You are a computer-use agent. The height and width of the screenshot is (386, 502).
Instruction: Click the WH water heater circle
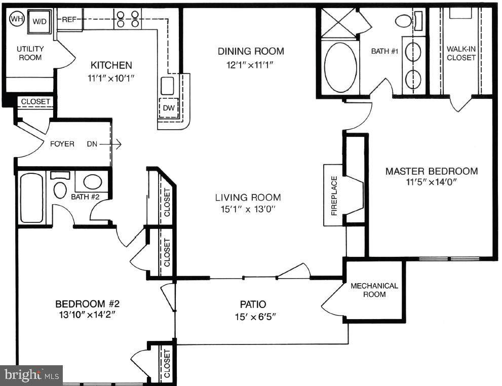pyautogui.click(x=17, y=19)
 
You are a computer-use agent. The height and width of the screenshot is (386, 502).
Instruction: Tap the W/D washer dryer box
pyautogui.click(x=40, y=21)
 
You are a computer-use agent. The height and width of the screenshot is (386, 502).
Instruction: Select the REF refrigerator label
pyautogui.click(x=69, y=20)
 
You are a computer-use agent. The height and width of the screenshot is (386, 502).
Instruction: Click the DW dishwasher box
pyautogui.click(x=169, y=108)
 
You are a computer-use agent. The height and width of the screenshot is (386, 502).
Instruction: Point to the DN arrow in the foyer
pyautogui.click(x=110, y=144)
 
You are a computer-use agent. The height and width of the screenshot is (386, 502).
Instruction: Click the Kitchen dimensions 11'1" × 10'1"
pyautogui.click(x=111, y=78)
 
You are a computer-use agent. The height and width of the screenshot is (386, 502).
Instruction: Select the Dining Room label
pyautogui.click(x=251, y=51)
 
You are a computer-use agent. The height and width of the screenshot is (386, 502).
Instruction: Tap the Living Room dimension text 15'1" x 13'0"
pyautogui.click(x=248, y=209)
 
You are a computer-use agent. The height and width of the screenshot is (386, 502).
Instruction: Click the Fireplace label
pyautogui.click(x=334, y=196)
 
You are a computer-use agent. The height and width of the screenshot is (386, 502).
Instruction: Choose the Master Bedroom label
pyautogui.click(x=432, y=171)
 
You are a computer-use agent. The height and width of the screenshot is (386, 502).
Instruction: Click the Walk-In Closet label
pyautogui.click(x=461, y=54)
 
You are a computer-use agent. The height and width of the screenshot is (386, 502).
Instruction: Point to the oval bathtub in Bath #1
pyautogui.click(x=340, y=67)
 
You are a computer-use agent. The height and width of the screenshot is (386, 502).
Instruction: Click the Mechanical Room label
pyautogui.click(x=374, y=290)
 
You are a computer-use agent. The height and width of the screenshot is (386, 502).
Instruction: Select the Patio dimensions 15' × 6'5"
pyautogui.click(x=255, y=317)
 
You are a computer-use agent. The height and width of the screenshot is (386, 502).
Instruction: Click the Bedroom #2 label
pyautogui.click(x=87, y=303)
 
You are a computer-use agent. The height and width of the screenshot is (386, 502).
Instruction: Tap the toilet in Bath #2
pyautogui.click(x=60, y=187)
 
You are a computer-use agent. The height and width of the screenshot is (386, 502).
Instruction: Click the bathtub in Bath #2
pyautogui.click(x=31, y=198)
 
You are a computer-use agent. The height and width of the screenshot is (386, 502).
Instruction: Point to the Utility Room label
pyautogui.click(x=30, y=53)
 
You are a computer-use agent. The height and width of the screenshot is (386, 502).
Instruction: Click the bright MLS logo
pyautogui.click(x=31, y=375)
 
